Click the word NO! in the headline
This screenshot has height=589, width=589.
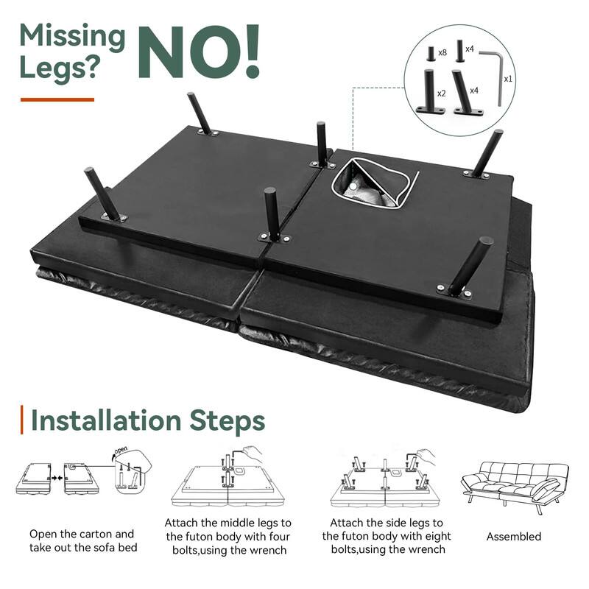(200, 51)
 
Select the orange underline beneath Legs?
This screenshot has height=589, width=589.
(57, 99)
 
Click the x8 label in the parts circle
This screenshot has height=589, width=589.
(442, 53)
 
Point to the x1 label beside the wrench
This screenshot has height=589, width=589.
(508, 77)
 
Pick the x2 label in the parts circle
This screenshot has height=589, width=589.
(442, 94)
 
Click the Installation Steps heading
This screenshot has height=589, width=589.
(147, 422)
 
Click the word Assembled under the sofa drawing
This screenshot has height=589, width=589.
(513, 537)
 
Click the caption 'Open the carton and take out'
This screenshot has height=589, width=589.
(82, 534)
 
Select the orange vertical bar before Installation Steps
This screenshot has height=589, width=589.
(23, 422)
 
